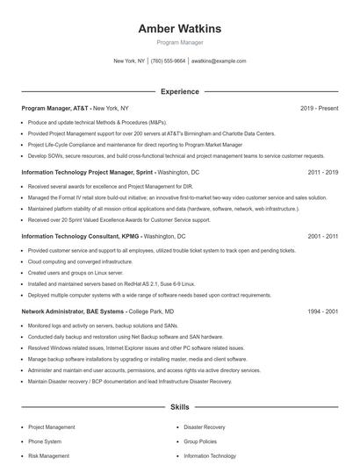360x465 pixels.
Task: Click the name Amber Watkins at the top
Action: pyautogui.click(x=179, y=29)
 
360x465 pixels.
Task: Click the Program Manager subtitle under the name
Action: pyautogui.click(x=179, y=42)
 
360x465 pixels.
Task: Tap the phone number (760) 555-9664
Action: pyautogui.click(x=168, y=61)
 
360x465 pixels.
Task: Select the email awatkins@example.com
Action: pyautogui.click(x=219, y=61)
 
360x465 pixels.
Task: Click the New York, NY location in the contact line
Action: pyautogui.click(x=129, y=61)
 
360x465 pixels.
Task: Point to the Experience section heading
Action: pyautogui.click(x=179, y=91)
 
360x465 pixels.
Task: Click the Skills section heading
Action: pyautogui.click(x=179, y=408)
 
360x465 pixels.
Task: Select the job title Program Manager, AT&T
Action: pyautogui.click(x=54, y=108)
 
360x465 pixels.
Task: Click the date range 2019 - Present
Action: pyautogui.click(x=319, y=108)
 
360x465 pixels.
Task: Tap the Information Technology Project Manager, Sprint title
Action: pyautogui.click(x=89, y=173)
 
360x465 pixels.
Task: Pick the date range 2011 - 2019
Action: pyautogui.click(x=322, y=173)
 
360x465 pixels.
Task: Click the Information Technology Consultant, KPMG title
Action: pyautogui.click(x=81, y=236)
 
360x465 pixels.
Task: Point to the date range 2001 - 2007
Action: pyautogui.click(x=322, y=236)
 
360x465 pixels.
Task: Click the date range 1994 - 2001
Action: pyautogui.click(x=322, y=311)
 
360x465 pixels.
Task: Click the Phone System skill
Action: pyautogui.click(x=45, y=441)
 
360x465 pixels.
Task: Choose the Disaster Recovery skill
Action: pyautogui.click(x=205, y=427)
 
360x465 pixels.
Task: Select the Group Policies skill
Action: pyautogui.click(x=201, y=441)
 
